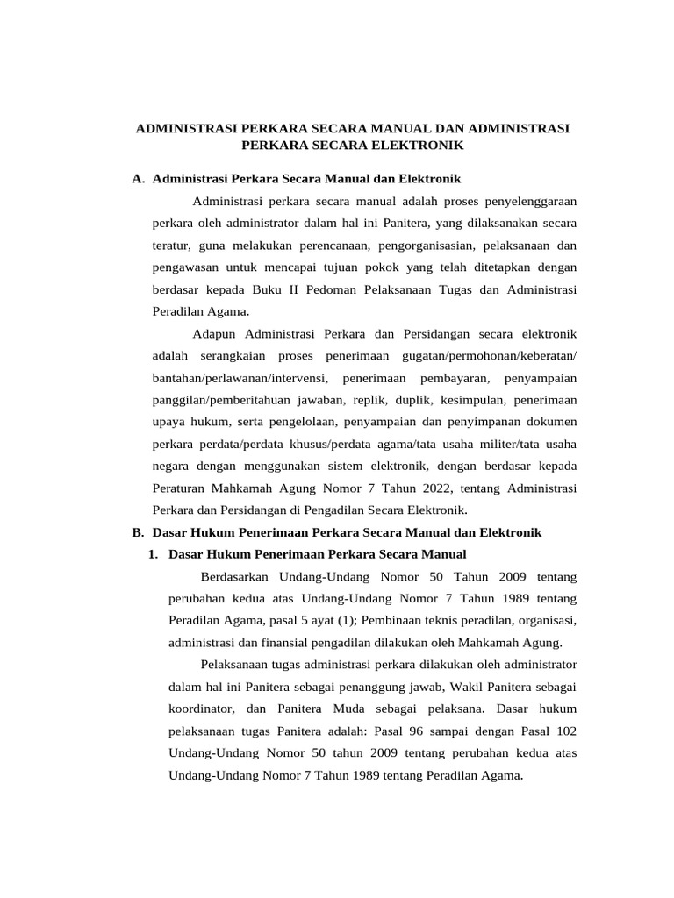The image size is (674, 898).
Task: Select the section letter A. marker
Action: tap(138, 179)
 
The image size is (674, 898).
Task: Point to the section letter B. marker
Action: tap(138, 532)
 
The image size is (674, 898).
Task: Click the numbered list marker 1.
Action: tap(154, 554)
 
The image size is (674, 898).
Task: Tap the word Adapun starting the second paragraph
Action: tap(214, 334)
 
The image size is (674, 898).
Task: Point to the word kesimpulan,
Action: tap(469, 400)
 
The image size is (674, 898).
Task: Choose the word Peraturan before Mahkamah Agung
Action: tap(183, 488)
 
